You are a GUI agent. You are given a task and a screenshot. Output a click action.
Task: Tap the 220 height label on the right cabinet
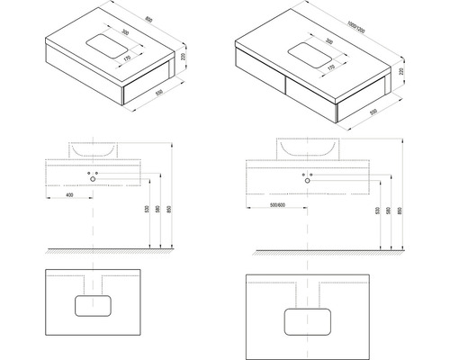(x=400, y=71)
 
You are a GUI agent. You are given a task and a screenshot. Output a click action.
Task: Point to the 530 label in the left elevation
(x=144, y=211)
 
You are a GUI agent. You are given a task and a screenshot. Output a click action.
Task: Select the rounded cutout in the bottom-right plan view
(x=307, y=320)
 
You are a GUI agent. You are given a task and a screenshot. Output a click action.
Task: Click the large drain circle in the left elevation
(x=93, y=178)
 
